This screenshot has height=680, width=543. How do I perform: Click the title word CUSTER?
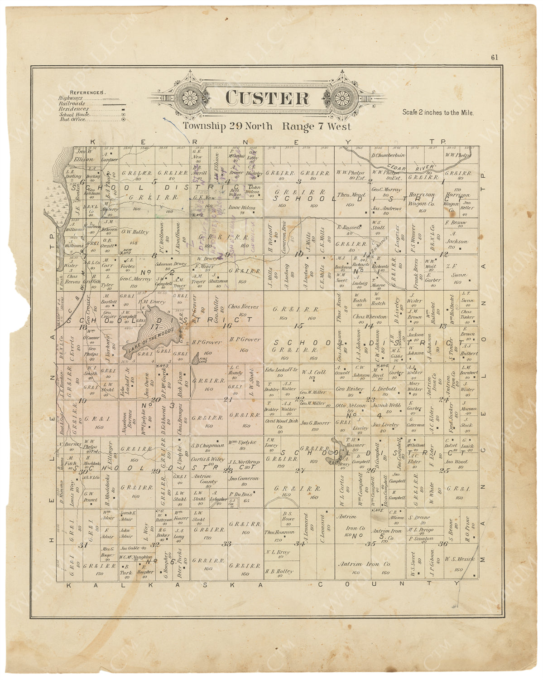coord(267,98)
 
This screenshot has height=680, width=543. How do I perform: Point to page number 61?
coord(494,57)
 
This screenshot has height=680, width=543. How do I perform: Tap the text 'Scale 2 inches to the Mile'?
coord(438,112)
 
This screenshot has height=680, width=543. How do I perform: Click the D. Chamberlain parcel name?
coord(388,155)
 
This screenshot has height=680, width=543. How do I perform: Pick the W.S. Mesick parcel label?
coord(459,559)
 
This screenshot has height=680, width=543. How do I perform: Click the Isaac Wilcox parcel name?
coord(242,208)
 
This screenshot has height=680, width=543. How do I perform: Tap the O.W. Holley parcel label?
coord(135,232)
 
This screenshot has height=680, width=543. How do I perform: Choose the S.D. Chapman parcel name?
coord(208,445)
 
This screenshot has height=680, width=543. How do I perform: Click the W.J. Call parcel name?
coord(313,372)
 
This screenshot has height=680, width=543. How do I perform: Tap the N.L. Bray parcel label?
coord(277,552)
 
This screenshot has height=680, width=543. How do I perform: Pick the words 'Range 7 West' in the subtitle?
coord(316,126)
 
